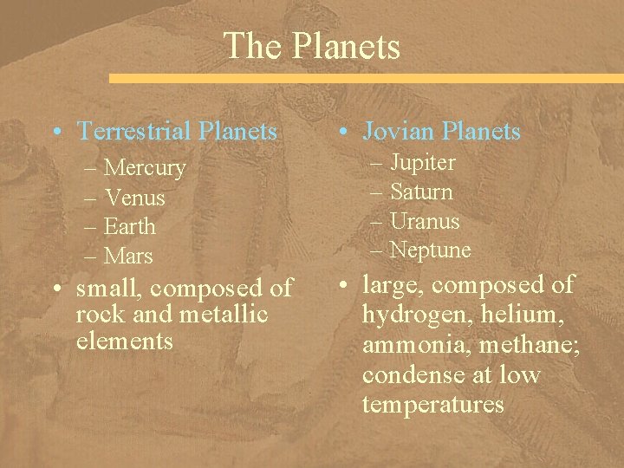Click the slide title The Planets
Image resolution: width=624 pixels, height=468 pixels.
pyautogui.click(x=312, y=46)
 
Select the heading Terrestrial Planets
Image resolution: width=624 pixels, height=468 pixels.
pyautogui.click(x=178, y=132)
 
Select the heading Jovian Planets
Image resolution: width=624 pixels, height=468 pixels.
pyautogui.click(x=442, y=132)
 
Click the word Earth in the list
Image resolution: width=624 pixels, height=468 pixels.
pyautogui.click(x=130, y=227)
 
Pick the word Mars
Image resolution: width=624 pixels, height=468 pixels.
pyautogui.click(x=128, y=257)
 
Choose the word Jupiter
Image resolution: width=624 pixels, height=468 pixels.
pyautogui.click(x=422, y=163)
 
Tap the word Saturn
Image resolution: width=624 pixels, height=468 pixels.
pyautogui.click(x=421, y=192)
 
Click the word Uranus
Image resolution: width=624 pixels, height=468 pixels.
pyautogui.click(x=425, y=222)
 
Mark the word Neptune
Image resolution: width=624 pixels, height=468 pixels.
pyautogui.click(x=430, y=251)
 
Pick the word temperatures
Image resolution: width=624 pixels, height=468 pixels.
pyautogui.click(x=432, y=405)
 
